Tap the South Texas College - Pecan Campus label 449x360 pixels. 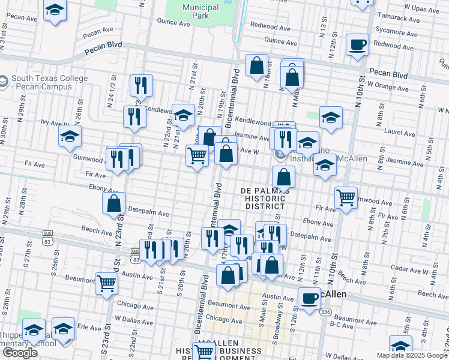tap(49, 83)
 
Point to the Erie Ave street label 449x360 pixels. tap(89, 328)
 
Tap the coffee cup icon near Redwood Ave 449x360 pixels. tap(358, 45)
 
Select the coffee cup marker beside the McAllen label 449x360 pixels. tap(310, 298)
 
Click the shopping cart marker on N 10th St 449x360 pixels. tap(346, 197)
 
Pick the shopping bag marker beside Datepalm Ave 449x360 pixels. tap(114, 203)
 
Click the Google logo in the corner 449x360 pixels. tap(20, 353)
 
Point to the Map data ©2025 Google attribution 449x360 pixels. tap(411, 355)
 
